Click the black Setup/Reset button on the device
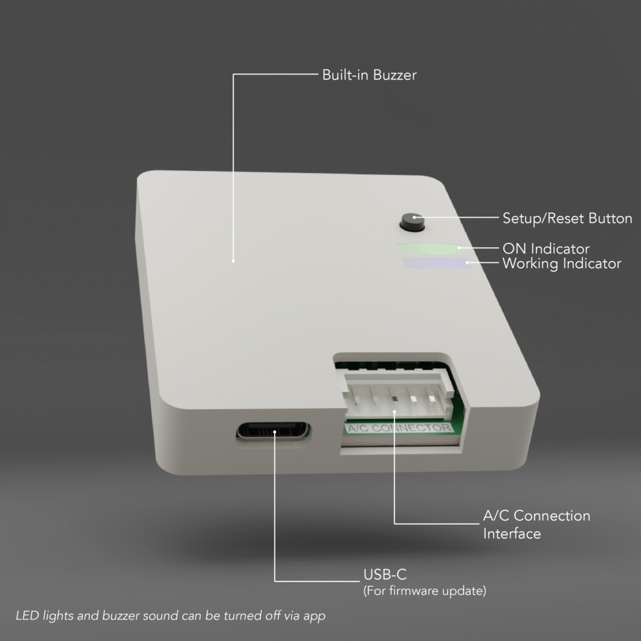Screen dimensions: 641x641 click(x=412, y=223)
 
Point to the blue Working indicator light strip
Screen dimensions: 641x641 click(x=437, y=263)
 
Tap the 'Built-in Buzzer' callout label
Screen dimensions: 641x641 click(x=369, y=75)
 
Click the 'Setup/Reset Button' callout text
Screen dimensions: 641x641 click(x=567, y=218)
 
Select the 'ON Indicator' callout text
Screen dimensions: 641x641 click(x=546, y=249)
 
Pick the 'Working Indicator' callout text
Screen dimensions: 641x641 click(x=562, y=264)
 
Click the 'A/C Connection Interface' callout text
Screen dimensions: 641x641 click(x=536, y=525)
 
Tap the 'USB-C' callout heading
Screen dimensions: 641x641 click(x=385, y=575)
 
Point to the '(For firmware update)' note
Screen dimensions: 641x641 click(x=425, y=591)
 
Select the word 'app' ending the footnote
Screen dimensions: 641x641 click(x=314, y=617)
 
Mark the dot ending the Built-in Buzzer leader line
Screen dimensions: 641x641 click(x=233, y=261)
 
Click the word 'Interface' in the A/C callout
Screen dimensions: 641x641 click(x=512, y=533)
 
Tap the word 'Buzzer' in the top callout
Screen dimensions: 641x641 click(x=395, y=75)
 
